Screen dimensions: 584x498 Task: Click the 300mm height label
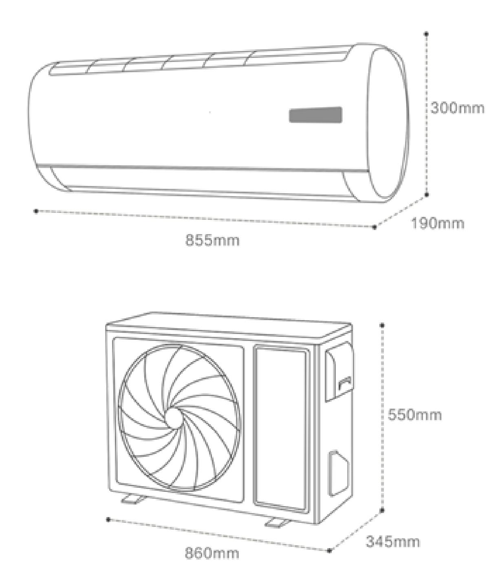[457, 108]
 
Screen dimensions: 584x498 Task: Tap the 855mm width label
[212, 240]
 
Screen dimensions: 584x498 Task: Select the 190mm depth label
[437, 223]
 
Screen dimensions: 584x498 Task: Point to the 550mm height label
[414, 415]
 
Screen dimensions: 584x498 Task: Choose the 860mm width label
[212, 553]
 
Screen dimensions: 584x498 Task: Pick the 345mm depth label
[392, 542]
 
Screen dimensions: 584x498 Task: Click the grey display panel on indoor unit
[315, 115]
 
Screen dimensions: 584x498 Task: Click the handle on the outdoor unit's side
[345, 382]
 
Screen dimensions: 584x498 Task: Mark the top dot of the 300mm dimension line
[426, 34]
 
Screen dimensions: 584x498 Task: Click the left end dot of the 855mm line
[36, 211]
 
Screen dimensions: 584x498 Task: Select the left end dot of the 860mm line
[108, 519]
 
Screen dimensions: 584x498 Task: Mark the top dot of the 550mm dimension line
[382, 325]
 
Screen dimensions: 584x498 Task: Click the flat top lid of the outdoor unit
[228, 325]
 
